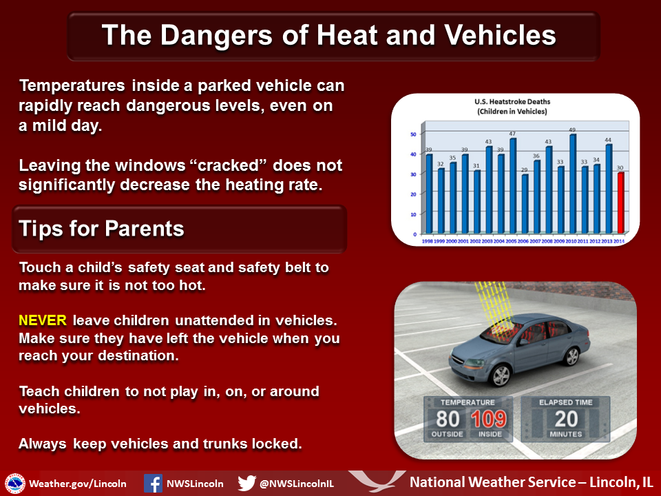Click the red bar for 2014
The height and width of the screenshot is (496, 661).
point(620,203)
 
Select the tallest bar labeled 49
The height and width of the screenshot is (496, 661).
point(573,184)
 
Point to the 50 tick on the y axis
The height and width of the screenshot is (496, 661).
point(413,134)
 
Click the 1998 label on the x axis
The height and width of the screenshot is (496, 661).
point(428,241)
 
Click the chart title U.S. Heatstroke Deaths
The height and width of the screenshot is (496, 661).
point(512,102)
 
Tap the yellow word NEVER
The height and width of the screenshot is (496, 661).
point(43,320)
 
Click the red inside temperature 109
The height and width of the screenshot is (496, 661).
point(489,419)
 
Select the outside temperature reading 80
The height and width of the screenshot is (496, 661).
point(448,419)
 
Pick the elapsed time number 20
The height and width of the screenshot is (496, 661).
point(566,419)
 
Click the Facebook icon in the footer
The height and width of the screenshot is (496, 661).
point(153,484)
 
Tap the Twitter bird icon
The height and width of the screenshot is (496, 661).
point(246,484)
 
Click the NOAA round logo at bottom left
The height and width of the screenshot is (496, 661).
point(15,484)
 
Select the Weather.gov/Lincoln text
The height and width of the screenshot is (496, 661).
point(78,484)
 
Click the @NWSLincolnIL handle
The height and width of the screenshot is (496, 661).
point(297,484)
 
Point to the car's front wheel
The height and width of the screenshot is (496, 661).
point(501,375)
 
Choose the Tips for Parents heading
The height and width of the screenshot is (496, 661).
point(102,229)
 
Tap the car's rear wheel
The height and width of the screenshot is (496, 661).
point(571,356)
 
